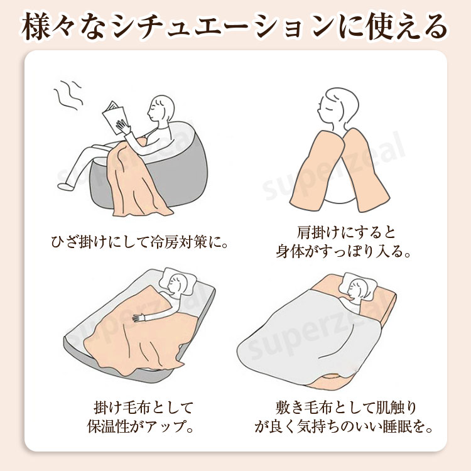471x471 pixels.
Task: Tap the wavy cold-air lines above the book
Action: [69, 95]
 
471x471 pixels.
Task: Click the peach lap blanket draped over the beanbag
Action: [135, 178]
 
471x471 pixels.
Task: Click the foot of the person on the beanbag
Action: [65, 187]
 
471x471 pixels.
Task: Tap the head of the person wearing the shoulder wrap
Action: [338, 107]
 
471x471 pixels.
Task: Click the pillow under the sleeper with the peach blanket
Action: [178, 281]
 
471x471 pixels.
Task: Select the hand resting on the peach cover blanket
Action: [138, 317]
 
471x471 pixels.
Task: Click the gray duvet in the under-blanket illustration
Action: [310, 337]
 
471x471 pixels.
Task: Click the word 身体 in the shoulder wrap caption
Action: [291, 251]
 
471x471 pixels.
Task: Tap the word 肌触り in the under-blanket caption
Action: [396, 408]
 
